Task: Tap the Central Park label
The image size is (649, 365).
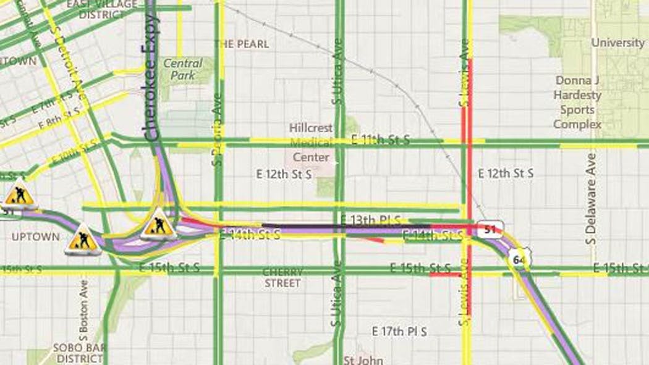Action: [x=182, y=69]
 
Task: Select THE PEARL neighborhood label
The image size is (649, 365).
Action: [x=242, y=44]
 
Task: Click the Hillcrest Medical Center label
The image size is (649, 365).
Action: [x=311, y=142]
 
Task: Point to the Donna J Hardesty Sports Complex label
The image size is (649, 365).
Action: [x=577, y=103]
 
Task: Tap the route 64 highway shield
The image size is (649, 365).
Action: [x=518, y=259]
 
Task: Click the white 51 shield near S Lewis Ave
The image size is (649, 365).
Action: [x=490, y=230]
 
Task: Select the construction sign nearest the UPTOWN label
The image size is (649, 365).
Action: [x=83, y=240]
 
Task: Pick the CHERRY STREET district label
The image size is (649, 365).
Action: [x=282, y=277]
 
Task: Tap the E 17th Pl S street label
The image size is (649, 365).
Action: [x=400, y=331]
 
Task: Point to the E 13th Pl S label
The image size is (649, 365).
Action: [x=370, y=220]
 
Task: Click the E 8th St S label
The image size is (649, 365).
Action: [x=59, y=117]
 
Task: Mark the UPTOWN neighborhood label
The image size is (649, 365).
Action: [x=36, y=237]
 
